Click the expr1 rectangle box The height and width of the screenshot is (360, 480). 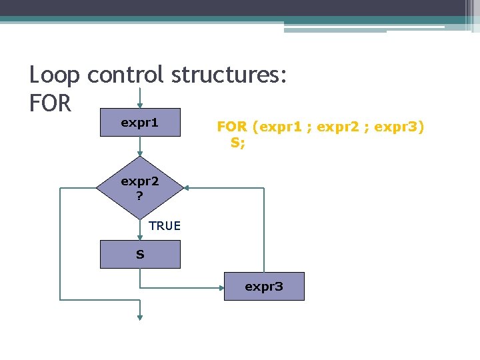(x=140, y=123)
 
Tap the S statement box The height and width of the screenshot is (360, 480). (x=140, y=255)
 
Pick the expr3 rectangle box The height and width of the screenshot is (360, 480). (x=264, y=287)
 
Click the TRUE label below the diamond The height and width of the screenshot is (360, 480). (x=165, y=226)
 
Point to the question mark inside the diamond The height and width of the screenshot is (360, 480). (x=139, y=196)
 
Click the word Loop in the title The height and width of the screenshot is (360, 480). (x=55, y=75)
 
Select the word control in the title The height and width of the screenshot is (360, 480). (x=125, y=75)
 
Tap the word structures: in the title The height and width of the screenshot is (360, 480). (x=229, y=75)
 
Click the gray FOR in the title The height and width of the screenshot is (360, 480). (x=50, y=103)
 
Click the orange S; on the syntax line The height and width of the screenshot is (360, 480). (x=238, y=142)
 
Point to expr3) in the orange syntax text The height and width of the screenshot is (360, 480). (x=399, y=127)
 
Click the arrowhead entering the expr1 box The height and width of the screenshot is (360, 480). (x=140, y=105)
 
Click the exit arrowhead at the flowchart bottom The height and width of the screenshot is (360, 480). (x=140, y=317)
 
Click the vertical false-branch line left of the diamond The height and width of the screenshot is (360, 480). (x=60, y=243)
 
